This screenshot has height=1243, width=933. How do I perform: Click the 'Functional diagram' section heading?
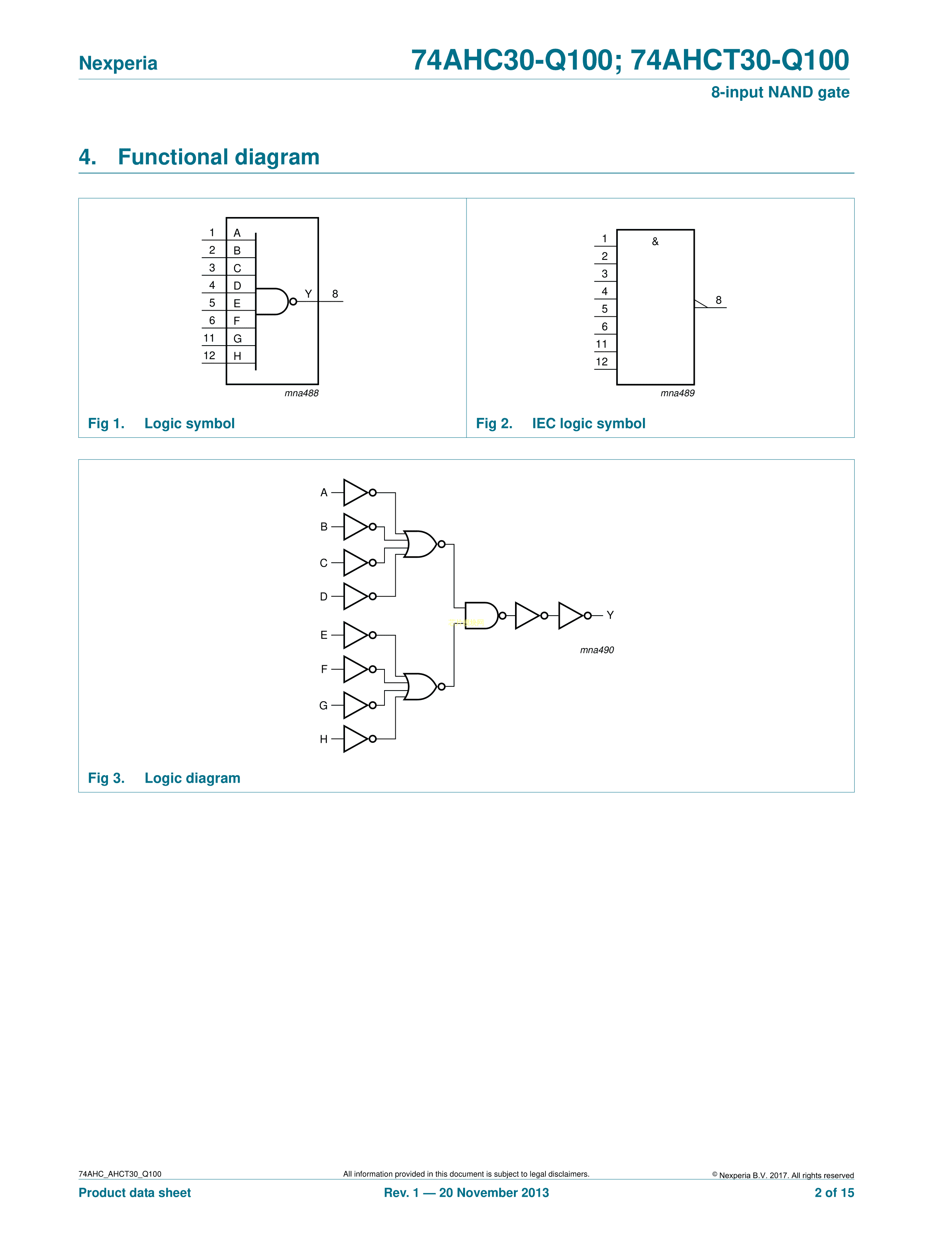(x=218, y=157)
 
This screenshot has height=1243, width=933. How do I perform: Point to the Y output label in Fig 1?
(x=308, y=293)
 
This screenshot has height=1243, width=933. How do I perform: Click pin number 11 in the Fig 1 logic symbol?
(x=209, y=338)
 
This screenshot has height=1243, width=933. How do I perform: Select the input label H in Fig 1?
(x=237, y=356)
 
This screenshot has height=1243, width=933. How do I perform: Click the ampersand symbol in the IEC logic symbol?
(x=655, y=241)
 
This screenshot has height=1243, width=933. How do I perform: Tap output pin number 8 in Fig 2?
(x=718, y=300)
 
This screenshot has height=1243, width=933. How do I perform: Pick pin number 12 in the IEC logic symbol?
(x=602, y=362)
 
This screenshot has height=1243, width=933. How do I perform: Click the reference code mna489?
(x=677, y=393)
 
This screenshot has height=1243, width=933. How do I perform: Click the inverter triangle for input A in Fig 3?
(x=355, y=493)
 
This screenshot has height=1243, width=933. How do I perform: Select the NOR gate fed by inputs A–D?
(x=420, y=544)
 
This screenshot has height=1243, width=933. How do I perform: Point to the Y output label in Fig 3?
(x=610, y=615)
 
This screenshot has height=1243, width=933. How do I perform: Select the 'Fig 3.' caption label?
(x=106, y=778)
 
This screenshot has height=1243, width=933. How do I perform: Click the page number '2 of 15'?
(x=834, y=1193)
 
